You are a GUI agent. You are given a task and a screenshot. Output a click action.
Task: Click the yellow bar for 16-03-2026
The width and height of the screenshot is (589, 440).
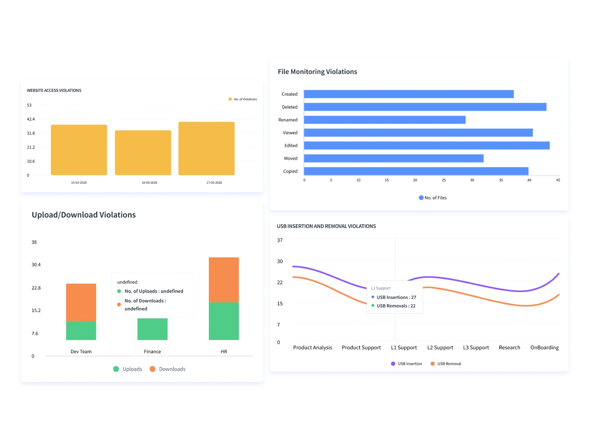click(143, 153)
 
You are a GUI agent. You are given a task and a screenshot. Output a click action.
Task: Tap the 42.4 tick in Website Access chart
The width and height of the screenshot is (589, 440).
click(31, 119)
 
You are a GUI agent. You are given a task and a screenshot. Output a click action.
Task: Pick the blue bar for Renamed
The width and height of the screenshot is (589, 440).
click(384, 120)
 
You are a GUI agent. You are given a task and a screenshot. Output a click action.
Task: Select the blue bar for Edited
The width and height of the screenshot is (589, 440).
click(426, 146)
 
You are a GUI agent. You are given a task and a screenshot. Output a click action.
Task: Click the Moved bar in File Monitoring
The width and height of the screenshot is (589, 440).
click(393, 159)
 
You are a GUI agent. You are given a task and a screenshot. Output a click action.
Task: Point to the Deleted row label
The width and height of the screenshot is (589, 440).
click(289, 107)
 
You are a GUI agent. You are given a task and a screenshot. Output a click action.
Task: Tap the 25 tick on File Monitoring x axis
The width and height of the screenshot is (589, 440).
click(444, 180)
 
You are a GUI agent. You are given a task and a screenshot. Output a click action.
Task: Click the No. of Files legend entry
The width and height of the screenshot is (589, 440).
click(433, 198)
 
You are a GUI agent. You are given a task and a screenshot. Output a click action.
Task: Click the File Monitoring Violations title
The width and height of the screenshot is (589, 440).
click(317, 72)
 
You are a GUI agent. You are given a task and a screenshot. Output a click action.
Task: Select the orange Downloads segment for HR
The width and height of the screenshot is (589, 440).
click(224, 280)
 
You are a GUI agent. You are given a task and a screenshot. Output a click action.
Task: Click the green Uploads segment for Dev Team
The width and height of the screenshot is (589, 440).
click(81, 330)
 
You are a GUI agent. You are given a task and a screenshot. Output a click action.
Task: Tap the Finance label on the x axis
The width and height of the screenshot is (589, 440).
click(152, 352)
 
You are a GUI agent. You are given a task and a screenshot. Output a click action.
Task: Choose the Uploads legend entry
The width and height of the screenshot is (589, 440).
click(128, 369)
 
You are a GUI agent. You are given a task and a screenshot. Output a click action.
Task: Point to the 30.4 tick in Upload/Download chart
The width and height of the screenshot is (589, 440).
click(36, 265)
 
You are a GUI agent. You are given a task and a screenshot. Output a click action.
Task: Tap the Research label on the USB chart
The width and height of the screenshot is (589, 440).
click(509, 348)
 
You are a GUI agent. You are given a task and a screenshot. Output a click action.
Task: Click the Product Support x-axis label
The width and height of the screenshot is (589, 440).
click(361, 348)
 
